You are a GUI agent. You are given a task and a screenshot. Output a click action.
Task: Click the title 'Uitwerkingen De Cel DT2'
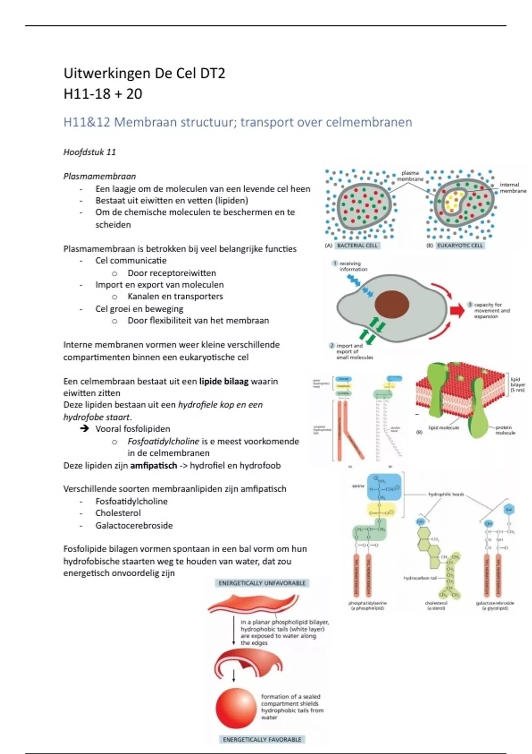click(145, 73)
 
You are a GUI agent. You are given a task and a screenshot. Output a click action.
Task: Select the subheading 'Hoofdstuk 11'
click(90, 152)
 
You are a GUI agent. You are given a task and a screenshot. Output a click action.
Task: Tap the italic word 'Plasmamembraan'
click(99, 176)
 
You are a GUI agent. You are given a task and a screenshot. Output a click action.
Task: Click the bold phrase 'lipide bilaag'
click(224, 381)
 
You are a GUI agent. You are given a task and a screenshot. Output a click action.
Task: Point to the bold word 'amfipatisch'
click(153, 465)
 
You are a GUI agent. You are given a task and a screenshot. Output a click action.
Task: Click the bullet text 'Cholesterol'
click(118, 513)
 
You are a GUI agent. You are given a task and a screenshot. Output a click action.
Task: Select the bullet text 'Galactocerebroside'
click(134, 526)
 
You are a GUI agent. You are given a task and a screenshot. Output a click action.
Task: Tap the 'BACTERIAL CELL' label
click(357, 245)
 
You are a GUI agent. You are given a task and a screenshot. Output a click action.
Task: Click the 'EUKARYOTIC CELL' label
click(460, 245)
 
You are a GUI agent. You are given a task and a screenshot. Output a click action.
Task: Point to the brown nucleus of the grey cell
click(391, 304)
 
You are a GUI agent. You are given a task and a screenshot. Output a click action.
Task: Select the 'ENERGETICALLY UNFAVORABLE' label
click(262, 583)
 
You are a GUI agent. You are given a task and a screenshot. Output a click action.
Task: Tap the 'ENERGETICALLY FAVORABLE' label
click(262, 739)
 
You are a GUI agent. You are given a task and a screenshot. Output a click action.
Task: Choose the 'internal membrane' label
click(513, 188)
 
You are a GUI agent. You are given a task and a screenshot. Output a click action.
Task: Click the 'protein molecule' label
click(505, 430)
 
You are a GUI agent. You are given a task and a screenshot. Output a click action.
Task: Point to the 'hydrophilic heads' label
click(446, 494)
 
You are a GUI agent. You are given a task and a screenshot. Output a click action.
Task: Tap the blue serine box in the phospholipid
click(384, 487)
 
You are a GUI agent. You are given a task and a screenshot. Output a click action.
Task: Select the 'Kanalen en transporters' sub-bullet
click(175, 296)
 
